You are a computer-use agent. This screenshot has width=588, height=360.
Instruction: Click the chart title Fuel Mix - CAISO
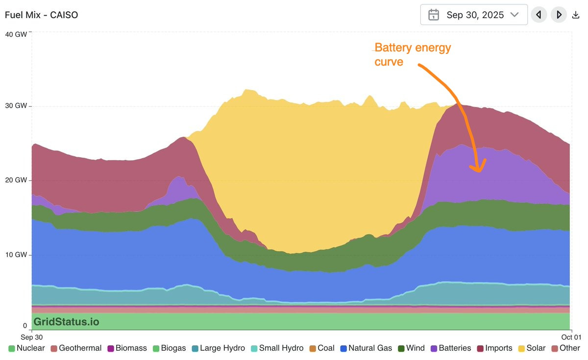click(42, 15)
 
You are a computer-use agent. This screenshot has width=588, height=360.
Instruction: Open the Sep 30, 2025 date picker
click(474, 15)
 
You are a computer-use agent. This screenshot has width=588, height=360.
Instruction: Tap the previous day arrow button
click(539, 15)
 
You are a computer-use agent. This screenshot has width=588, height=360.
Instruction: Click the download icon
click(576, 15)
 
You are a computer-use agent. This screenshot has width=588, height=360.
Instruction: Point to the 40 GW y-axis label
click(16, 34)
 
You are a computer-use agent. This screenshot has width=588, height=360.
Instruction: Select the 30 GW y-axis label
click(16, 106)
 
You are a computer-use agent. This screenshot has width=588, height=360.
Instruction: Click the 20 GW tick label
click(16, 180)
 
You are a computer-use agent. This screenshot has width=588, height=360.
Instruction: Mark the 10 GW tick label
click(16, 255)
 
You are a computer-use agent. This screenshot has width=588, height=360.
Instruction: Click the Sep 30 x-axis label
click(32, 337)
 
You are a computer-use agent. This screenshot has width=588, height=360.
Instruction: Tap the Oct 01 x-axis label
click(571, 337)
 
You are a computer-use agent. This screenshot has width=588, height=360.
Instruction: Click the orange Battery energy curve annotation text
click(413, 54)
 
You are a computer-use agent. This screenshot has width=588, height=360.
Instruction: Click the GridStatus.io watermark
click(66, 321)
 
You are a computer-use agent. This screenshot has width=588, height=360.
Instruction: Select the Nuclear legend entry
click(26, 348)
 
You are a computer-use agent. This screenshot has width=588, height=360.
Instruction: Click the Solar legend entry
click(531, 348)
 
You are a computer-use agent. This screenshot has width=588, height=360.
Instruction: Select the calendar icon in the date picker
click(434, 15)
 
